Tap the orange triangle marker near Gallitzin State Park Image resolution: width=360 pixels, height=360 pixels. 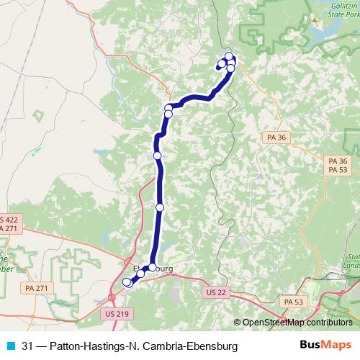(315, 20)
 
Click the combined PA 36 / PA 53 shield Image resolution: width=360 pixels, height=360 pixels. (337, 165)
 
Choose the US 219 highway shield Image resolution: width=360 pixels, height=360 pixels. (115, 314)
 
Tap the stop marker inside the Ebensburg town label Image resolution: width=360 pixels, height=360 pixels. (152, 268)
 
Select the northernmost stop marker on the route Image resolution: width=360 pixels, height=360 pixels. (229, 56)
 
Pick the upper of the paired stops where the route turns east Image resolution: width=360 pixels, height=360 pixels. (169, 108)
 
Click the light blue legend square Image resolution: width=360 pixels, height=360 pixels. (9, 346)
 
